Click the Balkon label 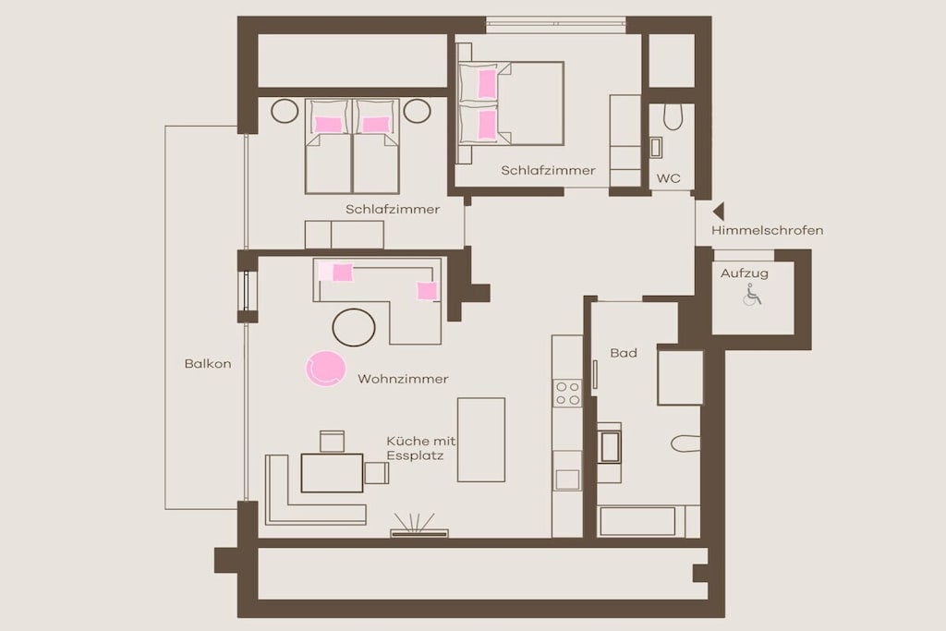point(208,364)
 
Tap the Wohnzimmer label point(403,379)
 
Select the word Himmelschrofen point(767,230)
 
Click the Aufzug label point(745,273)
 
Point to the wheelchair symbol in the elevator point(752,295)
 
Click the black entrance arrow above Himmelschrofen point(719,212)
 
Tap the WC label point(669,178)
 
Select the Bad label point(624,353)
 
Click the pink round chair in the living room point(325,369)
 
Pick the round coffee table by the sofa point(354,328)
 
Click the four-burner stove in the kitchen point(568,394)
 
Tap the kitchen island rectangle point(480,440)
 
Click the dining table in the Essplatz point(332,473)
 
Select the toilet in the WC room point(673,117)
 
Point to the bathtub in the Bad point(637,521)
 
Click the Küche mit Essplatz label point(421,448)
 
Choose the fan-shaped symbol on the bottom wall point(418,525)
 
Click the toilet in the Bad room point(685,443)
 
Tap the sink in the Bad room point(610,447)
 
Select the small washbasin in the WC point(656,148)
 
